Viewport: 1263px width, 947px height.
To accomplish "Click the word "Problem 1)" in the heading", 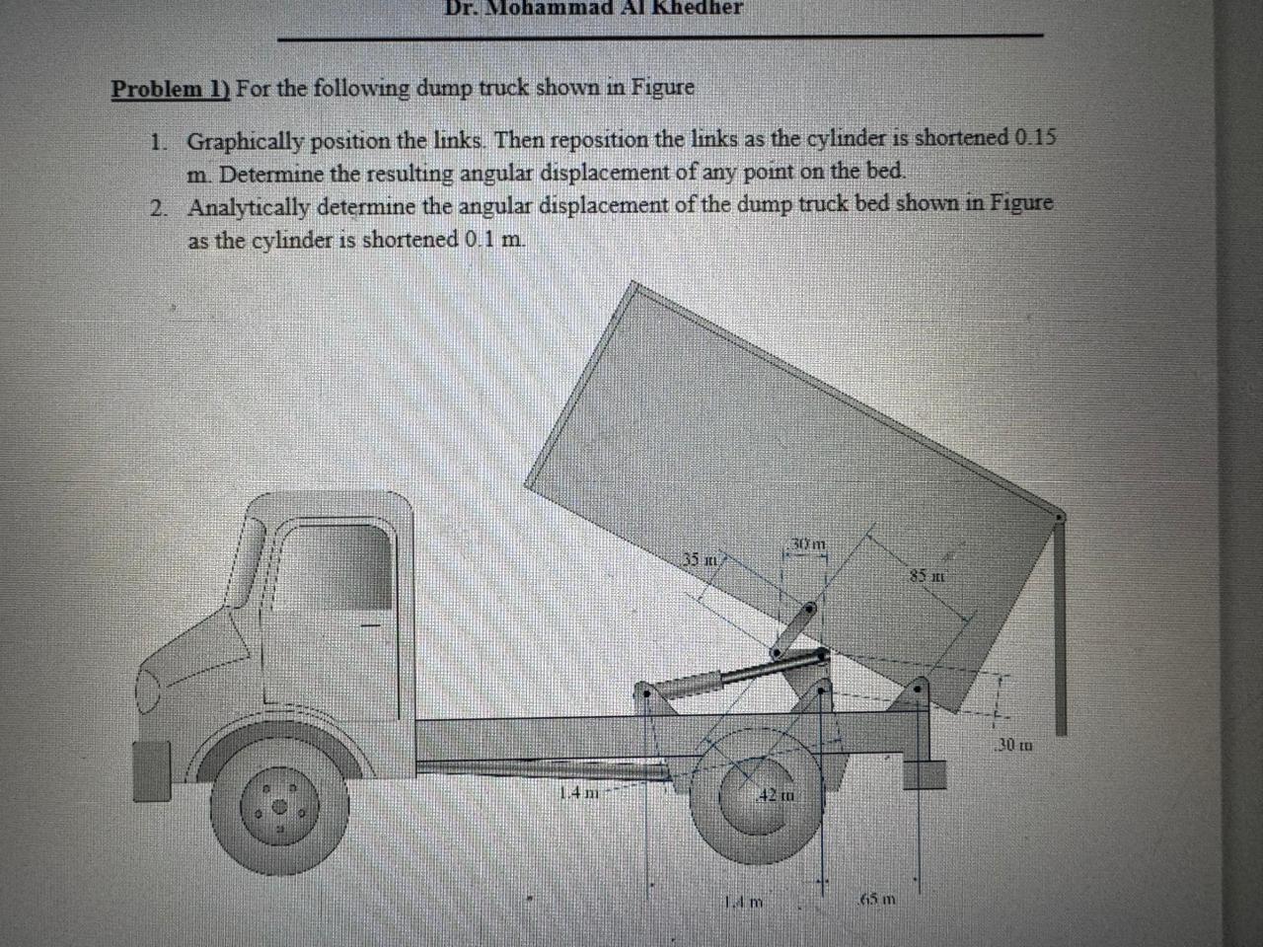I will coord(170,89).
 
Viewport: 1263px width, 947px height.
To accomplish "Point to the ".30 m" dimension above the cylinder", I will coord(810,544).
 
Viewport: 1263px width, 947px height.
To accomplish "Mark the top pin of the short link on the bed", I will coord(808,612).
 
